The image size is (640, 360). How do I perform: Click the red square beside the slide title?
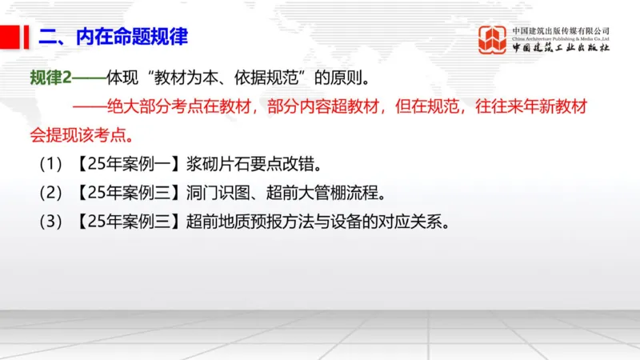[x=11, y=36]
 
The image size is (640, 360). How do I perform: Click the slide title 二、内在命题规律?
[x=113, y=37]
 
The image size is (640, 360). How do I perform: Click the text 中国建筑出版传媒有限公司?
[x=561, y=30]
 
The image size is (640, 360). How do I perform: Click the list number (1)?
[x=50, y=166]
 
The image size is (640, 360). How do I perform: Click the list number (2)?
[x=50, y=193]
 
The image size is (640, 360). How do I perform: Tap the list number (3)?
[x=50, y=220]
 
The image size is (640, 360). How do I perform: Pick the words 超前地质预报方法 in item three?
[x=249, y=220]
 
